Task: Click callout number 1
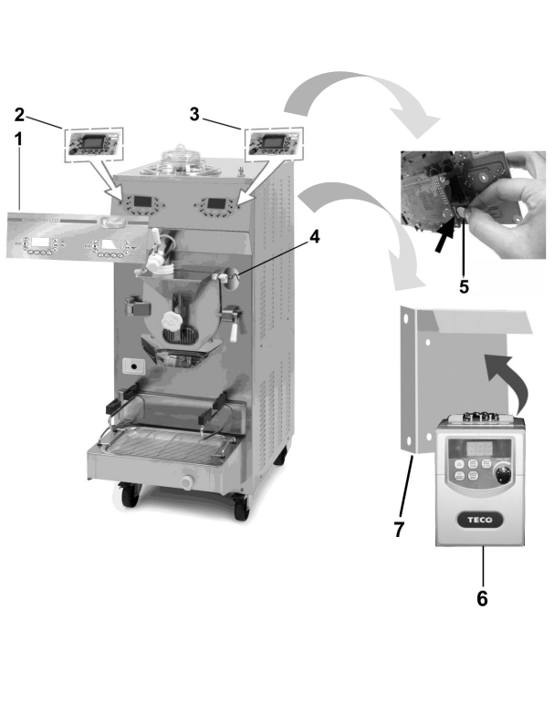(x=18, y=139)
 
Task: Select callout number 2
(x=19, y=115)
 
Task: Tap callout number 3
(x=194, y=114)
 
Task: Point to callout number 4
(x=315, y=237)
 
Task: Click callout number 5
(x=464, y=286)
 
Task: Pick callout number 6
(x=482, y=598)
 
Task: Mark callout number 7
(x=399, y=529)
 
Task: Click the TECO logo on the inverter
(x=479, y=520)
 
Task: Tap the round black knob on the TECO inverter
(x=503, y=474)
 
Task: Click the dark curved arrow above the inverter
(x=508, y=379)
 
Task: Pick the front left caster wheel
(x=129, y=495)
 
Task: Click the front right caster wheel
(x=241, y=507)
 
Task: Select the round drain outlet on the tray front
(x=186, y=482)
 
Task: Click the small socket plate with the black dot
(x=133, y=366)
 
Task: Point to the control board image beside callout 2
(x=93, y=144)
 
